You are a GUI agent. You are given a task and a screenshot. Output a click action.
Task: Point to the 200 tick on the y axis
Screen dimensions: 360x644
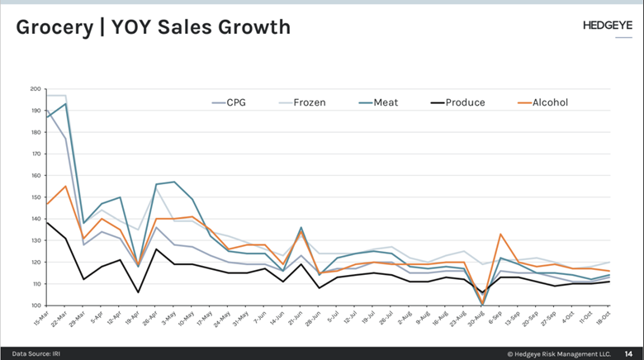36,88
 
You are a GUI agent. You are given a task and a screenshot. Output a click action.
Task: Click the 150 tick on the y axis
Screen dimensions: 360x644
36,197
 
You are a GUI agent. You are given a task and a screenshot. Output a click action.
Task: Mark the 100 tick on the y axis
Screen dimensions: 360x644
36,306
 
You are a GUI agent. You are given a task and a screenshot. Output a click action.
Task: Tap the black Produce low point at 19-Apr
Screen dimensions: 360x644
139,292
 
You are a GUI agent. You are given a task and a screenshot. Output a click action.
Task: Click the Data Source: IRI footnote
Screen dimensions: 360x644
35,353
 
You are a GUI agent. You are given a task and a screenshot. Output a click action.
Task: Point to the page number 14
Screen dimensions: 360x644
628,353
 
